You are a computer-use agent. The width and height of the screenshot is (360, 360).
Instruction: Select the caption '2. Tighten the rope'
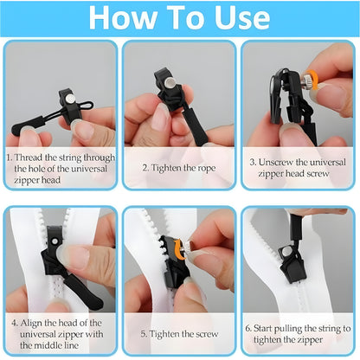179,158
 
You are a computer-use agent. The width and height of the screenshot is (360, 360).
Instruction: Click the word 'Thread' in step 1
35,158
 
